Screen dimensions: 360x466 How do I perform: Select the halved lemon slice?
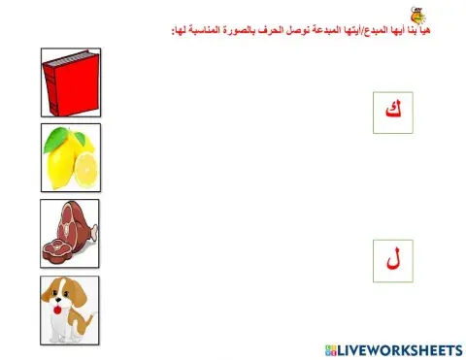pos(85,171)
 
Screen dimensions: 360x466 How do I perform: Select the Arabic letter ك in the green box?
pos(392,111)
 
